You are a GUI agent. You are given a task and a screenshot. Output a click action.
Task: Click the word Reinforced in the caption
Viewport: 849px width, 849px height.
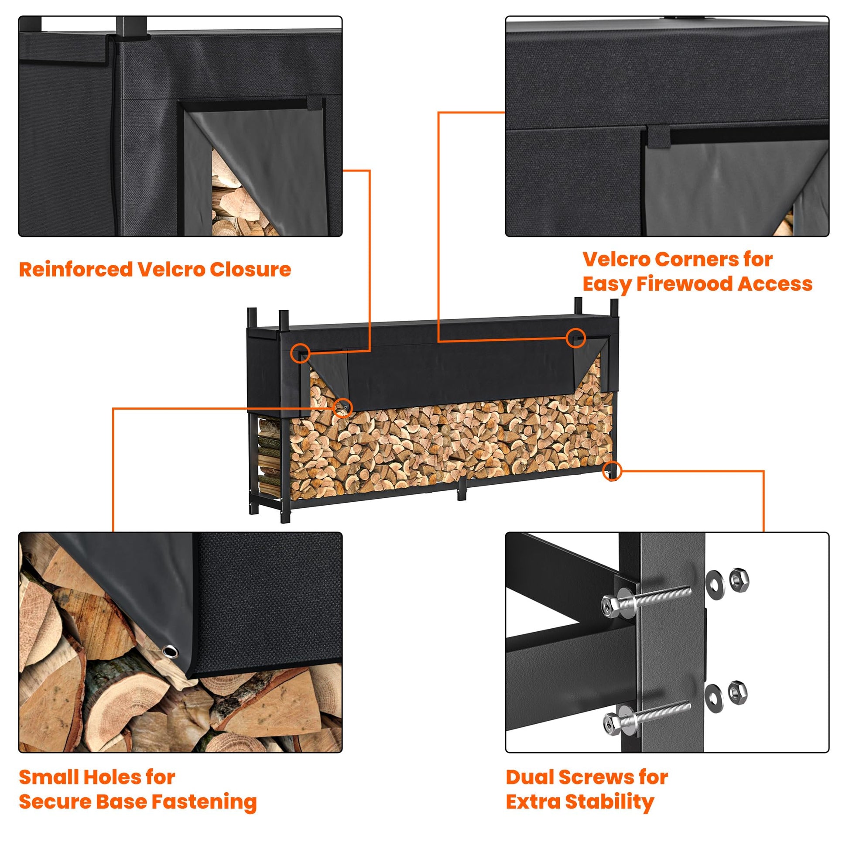75,269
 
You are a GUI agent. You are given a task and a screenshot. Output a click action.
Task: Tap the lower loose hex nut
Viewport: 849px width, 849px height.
738,692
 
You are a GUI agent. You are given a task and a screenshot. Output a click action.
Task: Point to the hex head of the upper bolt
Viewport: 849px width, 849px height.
610,605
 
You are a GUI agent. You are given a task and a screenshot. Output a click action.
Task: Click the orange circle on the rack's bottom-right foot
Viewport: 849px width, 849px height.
612,471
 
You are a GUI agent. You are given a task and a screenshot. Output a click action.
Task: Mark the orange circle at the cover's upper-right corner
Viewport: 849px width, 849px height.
576,338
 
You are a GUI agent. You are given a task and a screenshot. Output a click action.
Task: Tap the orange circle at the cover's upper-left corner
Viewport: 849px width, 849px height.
300,353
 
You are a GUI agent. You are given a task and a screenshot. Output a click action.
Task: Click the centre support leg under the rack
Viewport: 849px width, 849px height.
462,489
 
